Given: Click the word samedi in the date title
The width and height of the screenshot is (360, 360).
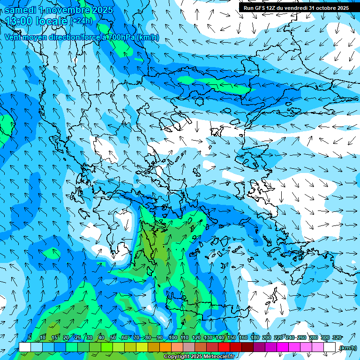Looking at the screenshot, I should coord(20,10).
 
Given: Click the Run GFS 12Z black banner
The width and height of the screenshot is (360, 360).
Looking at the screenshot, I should coord(296,8).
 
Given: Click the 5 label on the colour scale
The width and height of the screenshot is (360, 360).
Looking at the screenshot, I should coord(30,337).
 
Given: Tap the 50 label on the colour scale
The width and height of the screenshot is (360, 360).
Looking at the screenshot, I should coord(113,337).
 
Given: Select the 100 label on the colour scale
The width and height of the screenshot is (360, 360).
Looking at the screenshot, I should coord(172,337).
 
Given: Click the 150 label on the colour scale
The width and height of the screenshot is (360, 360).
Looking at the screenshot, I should coord(232,337).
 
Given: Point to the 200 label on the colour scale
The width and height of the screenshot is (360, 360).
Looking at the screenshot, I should coord(267,337).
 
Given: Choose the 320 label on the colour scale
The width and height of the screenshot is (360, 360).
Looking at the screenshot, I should coord(337,337).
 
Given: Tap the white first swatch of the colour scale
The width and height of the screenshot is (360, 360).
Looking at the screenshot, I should coord(25,347).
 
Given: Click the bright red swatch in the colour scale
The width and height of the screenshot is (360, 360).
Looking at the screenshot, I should coord(224,347).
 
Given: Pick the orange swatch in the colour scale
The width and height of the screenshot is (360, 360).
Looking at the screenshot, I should coord(165,347).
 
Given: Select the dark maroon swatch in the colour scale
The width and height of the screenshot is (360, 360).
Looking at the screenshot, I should coord(247,347).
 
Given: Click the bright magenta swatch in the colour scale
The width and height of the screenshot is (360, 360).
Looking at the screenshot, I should coord(283,347).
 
